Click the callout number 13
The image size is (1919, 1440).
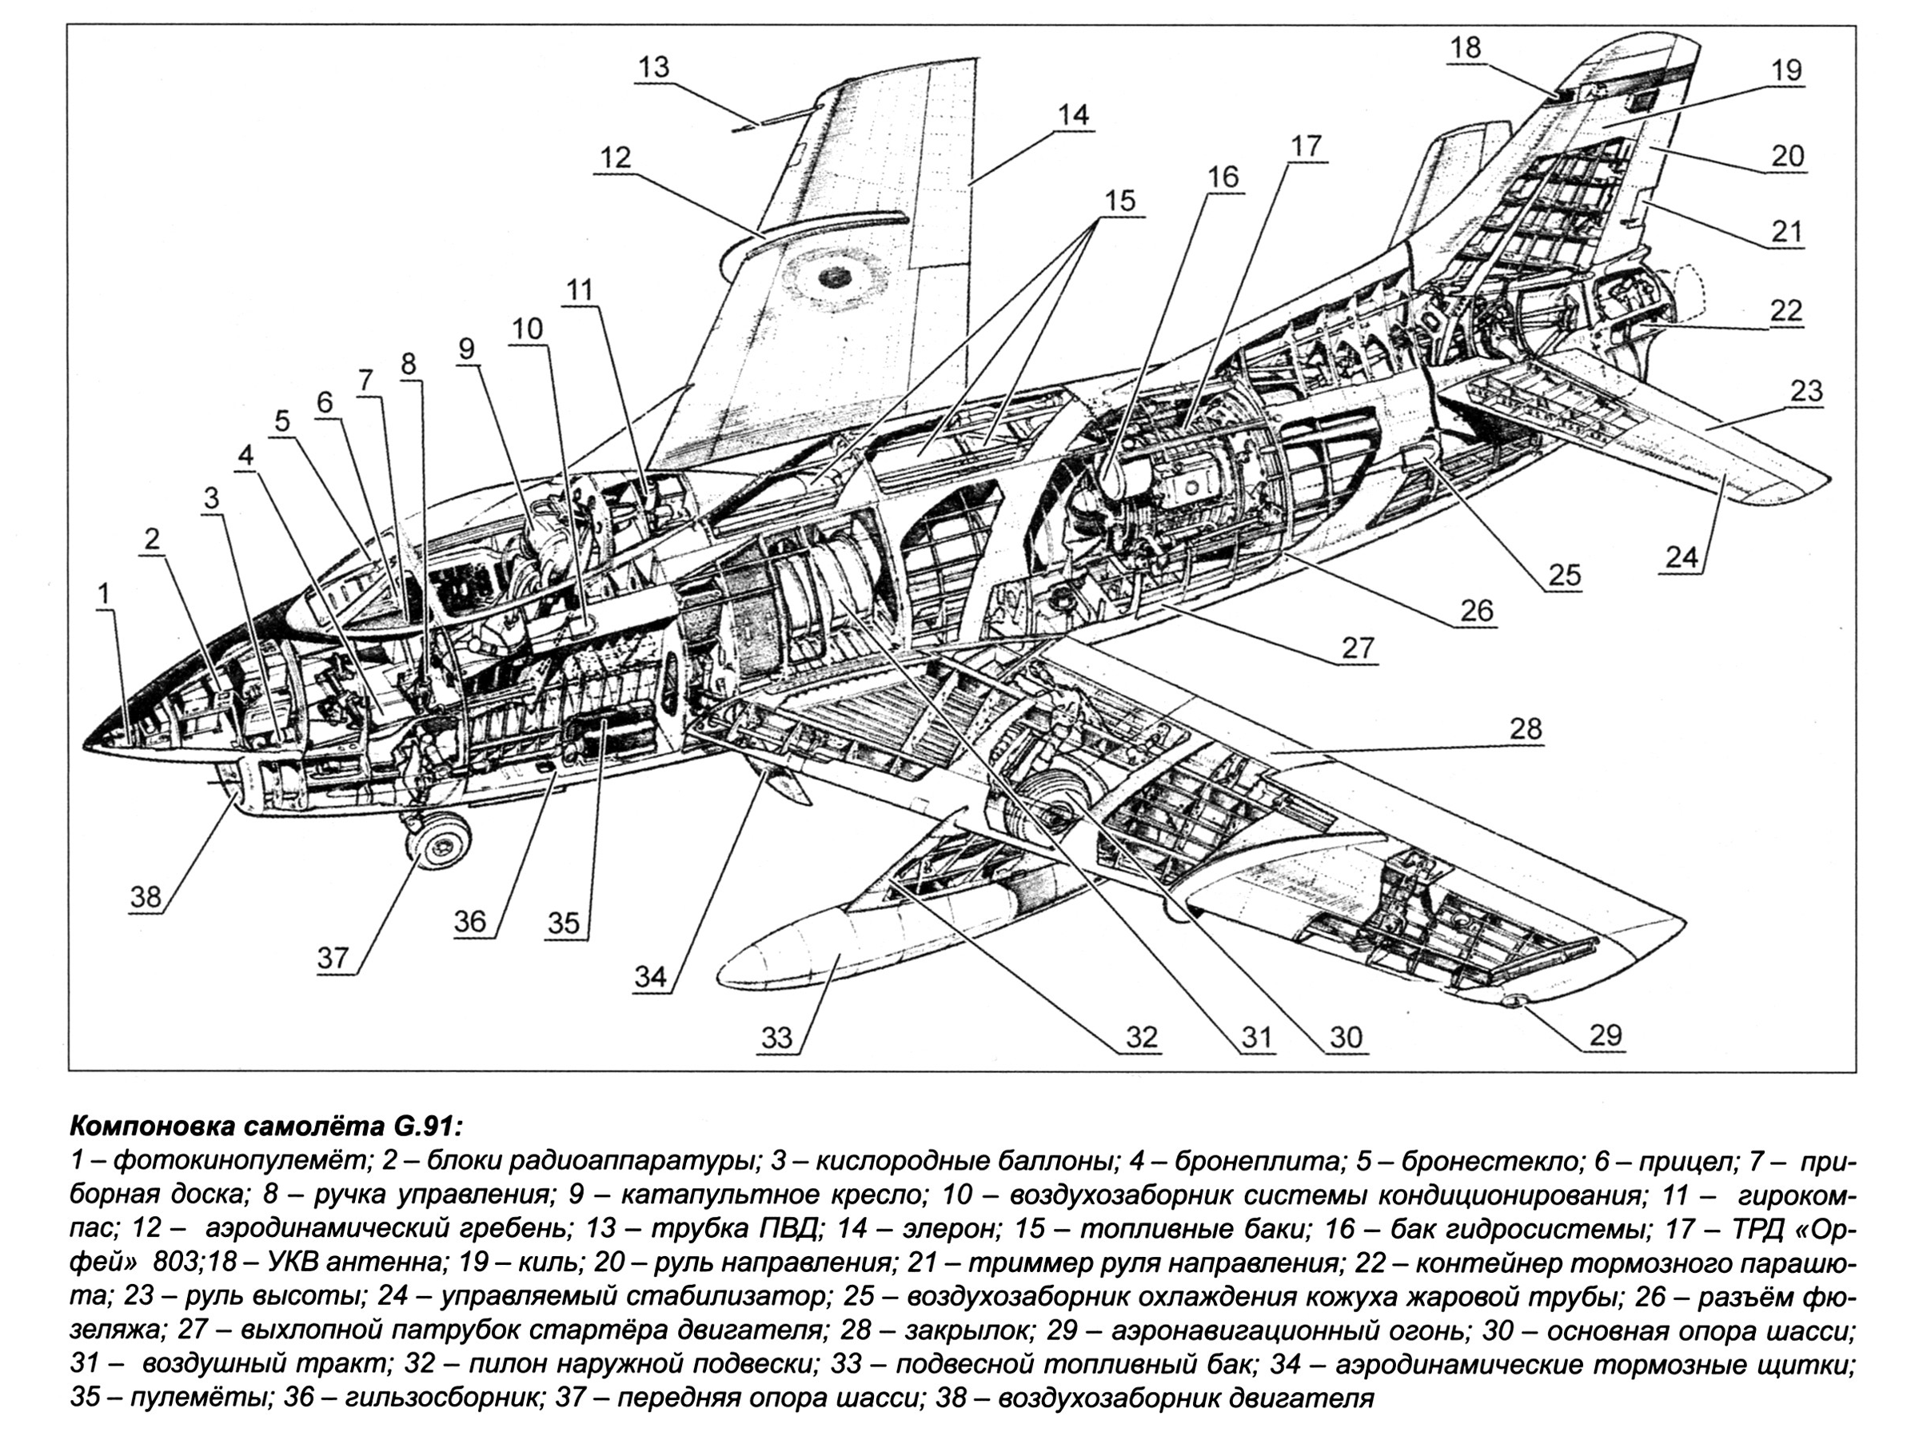pos(654,67)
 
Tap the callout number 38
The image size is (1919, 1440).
pos(146,896)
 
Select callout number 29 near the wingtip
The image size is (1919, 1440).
pos(1605,1034)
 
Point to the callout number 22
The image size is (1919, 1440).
pos(1786,310)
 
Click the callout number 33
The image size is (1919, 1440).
pos(776,1038)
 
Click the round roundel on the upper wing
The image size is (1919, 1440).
pos(833,277)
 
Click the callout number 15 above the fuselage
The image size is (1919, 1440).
pos(1119,201)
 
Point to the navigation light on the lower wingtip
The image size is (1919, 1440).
pos(1514,1002)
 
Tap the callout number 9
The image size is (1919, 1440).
pos(468,349)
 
